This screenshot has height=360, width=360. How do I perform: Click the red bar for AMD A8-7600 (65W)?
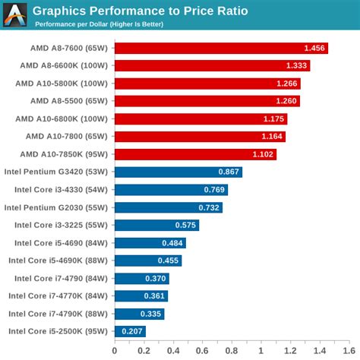220,49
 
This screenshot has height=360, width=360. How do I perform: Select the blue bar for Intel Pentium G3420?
178,172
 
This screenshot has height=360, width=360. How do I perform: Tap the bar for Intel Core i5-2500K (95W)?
129,331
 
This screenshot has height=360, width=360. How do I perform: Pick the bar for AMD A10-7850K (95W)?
195,154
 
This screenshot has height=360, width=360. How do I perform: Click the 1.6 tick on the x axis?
348,351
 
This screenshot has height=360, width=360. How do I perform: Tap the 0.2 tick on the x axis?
144,351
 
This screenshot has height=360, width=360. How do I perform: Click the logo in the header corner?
14,14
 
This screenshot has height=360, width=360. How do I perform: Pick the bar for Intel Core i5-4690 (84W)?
150,243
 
